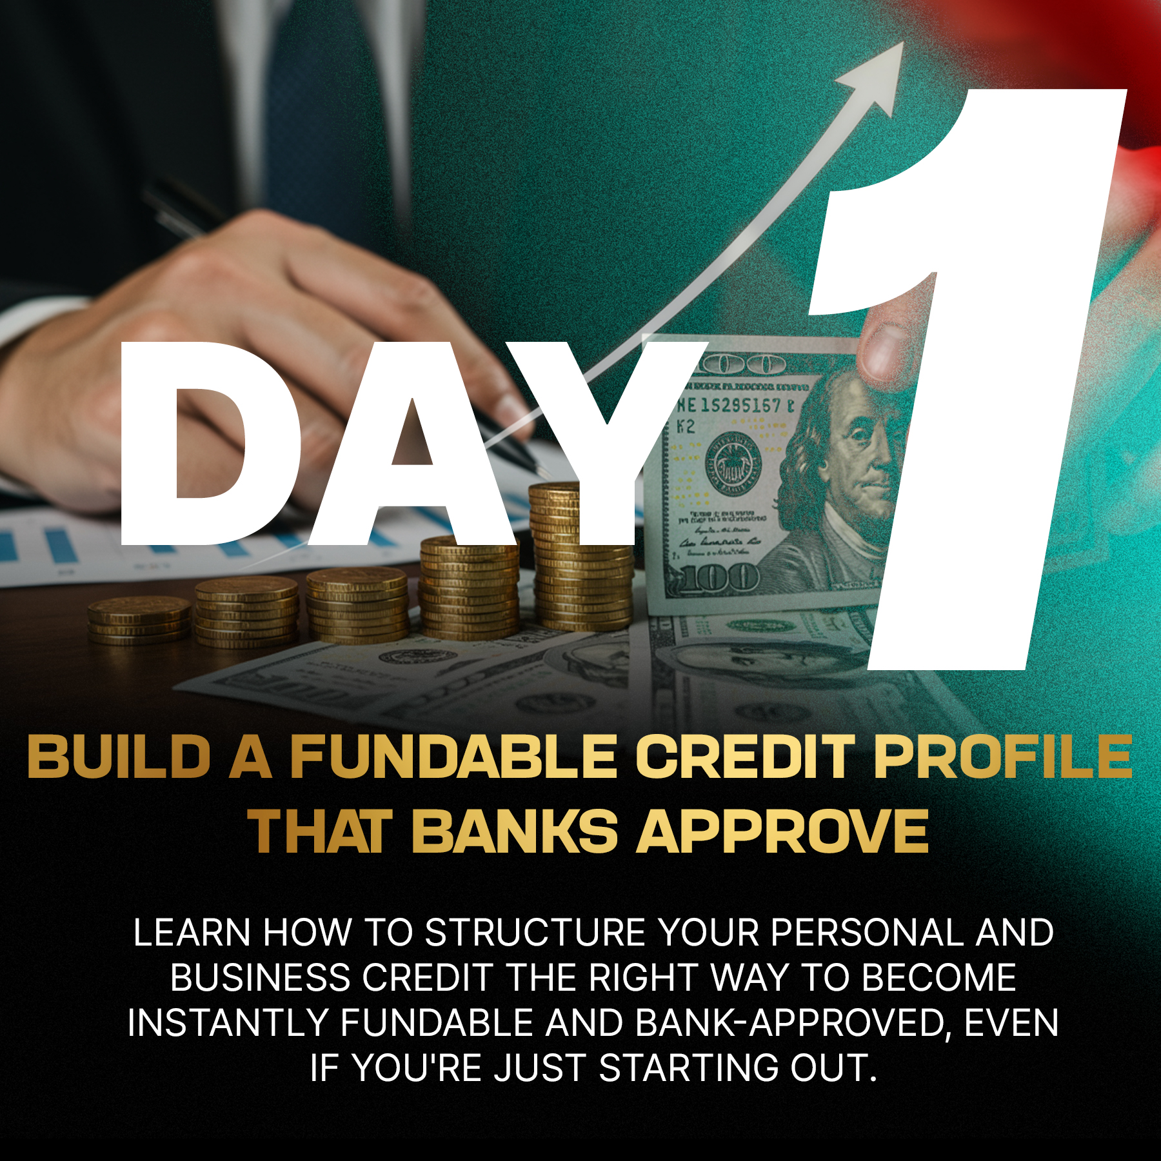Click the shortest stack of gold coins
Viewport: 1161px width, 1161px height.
pos(139,620)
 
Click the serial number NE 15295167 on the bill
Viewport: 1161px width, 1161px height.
pos(735,406)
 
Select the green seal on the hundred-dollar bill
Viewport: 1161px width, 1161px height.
pos(733,461)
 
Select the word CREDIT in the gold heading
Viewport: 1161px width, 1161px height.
pos(745,757)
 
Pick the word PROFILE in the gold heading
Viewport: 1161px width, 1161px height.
pos(1004,757)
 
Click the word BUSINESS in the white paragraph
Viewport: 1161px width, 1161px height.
pos(261,978)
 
